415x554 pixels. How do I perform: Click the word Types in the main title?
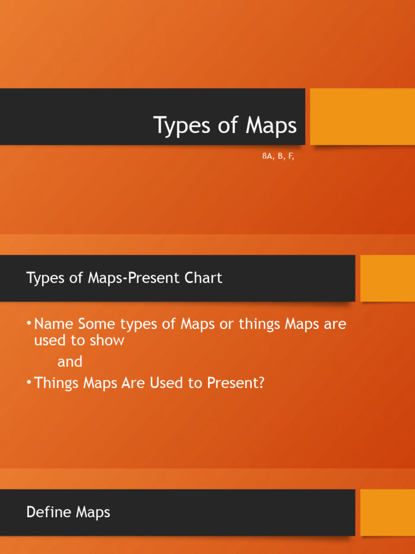180,126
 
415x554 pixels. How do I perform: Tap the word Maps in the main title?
271,126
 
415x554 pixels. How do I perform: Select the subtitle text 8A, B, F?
278,156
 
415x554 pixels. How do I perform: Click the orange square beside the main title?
362,116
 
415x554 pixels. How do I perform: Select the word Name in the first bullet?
53,324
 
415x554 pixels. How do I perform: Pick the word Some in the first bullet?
97,324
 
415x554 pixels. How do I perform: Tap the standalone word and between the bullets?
70,361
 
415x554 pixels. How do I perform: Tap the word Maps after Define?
92,512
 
